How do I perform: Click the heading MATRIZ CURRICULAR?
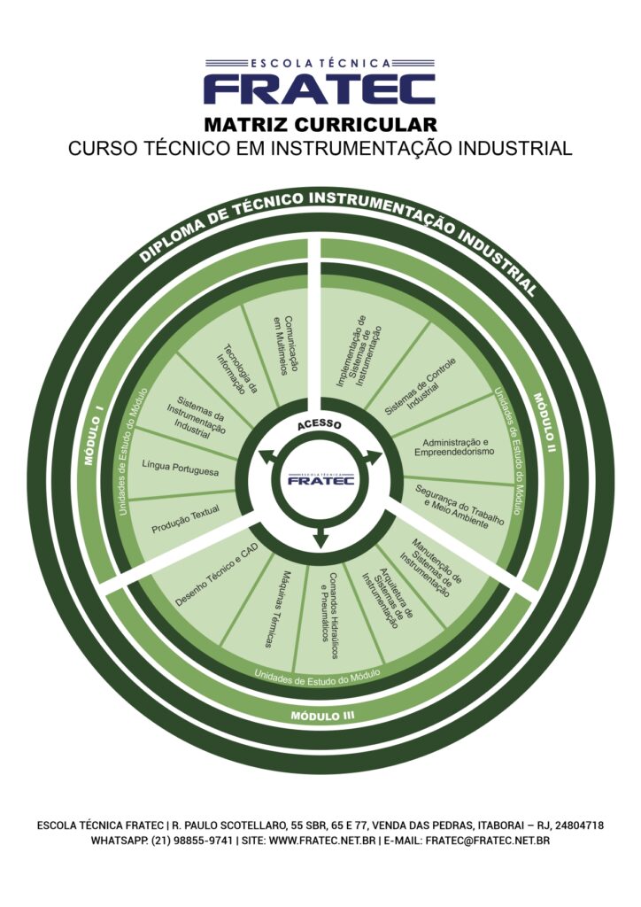tap(320, 124)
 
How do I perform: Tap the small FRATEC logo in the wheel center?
tap(320, 479)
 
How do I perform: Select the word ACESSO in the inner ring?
tap(320, 424)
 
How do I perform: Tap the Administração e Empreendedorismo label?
tap(456, 446)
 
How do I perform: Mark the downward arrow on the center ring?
tap(320, 539)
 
